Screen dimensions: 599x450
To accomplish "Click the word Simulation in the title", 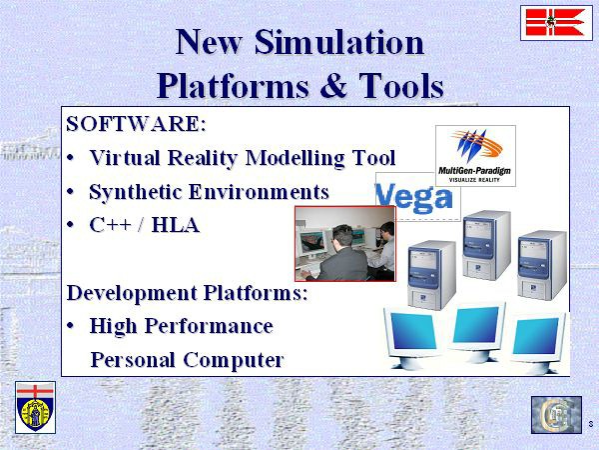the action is tap(339, 42).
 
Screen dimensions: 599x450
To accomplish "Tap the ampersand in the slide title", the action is tap(333, 85).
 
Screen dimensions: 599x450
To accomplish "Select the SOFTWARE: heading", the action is tap(136, 124).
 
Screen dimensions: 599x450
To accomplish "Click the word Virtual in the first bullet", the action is tap(125, 157).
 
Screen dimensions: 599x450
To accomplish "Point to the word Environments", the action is tap(259, 191).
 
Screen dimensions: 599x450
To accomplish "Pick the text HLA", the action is tap(176, 225).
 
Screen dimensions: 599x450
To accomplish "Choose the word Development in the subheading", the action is tap(132, 293).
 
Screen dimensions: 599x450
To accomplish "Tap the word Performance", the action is tap(209, 326).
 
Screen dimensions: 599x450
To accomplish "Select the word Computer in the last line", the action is tap(234, 360).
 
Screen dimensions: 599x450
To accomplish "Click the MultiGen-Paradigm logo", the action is tap(475, 156).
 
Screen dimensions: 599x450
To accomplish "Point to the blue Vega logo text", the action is tap(414, 198).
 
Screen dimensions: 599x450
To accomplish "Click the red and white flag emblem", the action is tap(556, 23).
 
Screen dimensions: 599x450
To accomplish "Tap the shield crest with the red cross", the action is tap(36, 407).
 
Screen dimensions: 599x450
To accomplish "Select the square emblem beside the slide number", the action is tap(556, 415).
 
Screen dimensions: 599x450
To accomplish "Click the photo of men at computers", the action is tap(345, 244).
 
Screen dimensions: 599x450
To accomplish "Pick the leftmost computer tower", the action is tap(431, 274).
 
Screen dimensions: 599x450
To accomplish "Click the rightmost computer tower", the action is tap(542, 265).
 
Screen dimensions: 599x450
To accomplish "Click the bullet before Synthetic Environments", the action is tap(70, 191).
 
